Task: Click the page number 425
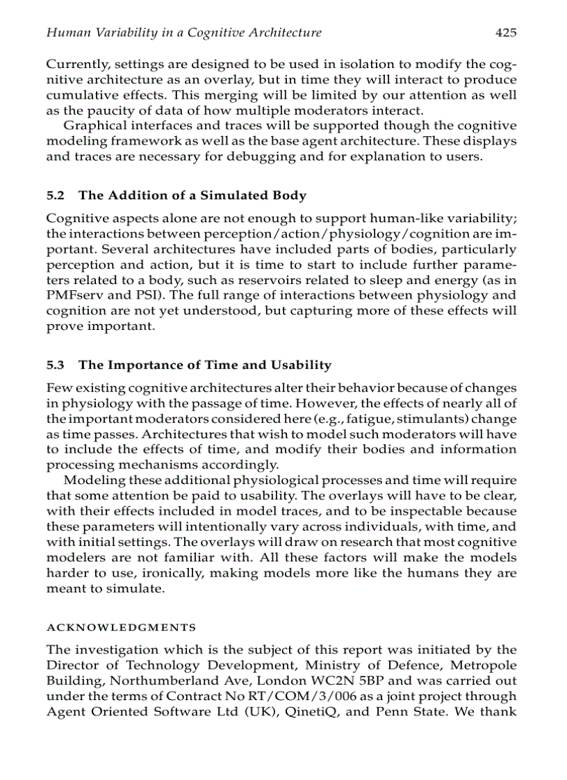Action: click(506, 32)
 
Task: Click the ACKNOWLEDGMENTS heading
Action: click(121, 627)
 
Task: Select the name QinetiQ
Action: click(311, 711)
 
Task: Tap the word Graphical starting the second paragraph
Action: click(94, 126)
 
